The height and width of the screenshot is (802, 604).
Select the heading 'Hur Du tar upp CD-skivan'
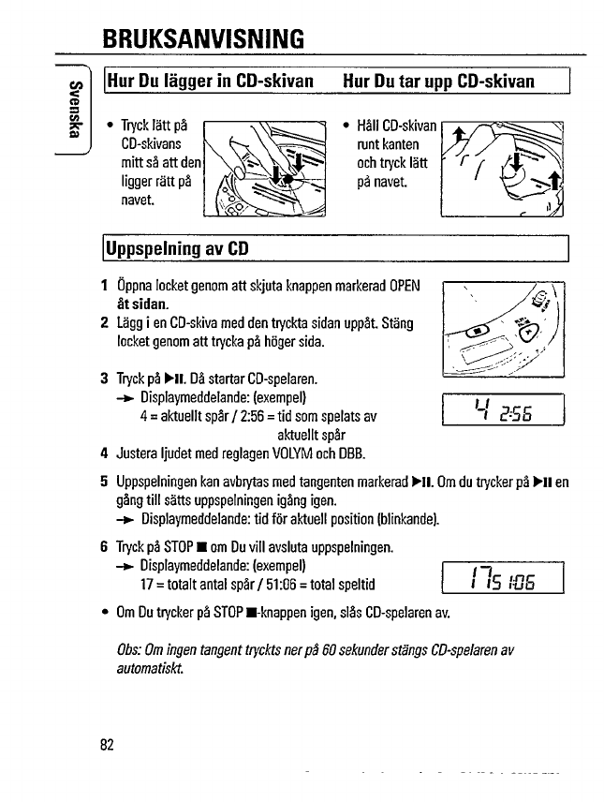[438, 82]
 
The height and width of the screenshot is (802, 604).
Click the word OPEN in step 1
[405, 285]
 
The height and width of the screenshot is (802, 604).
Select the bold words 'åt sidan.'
[142, 304]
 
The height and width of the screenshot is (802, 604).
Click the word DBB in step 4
[351, 455]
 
